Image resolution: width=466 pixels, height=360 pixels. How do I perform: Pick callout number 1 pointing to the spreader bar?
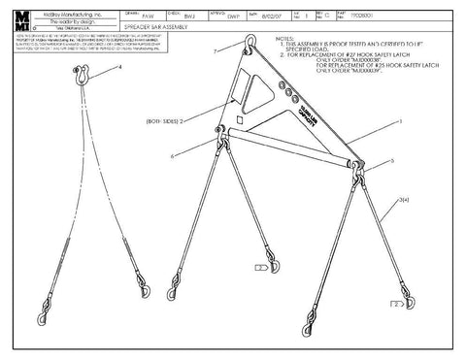pos(398,122)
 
